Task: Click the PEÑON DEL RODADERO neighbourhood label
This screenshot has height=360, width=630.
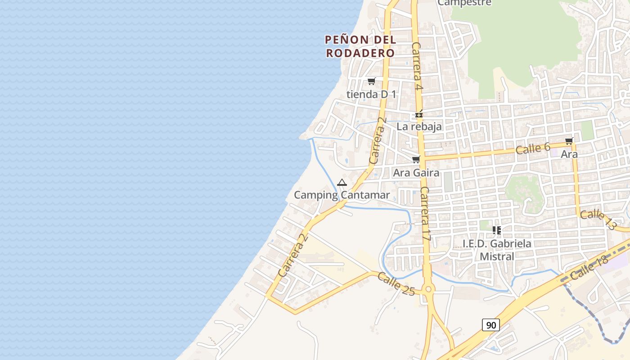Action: point(360,46)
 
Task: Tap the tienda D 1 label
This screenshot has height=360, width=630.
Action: point(371,94)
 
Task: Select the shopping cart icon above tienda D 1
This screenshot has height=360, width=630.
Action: point(371,81)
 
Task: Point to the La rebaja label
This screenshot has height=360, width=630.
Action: point(419,126)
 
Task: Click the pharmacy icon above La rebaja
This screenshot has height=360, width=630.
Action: point(419,115)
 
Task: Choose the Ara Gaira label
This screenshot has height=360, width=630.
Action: point(416,172)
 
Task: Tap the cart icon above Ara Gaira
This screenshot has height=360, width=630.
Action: point(416,160)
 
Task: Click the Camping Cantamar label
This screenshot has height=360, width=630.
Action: point(342,195)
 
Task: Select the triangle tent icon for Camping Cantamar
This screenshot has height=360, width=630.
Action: point(342,183)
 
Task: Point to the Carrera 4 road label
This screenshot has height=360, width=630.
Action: point(417,66)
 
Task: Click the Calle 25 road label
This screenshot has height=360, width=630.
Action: point(396,284)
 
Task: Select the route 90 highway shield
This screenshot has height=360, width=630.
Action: point(490,324)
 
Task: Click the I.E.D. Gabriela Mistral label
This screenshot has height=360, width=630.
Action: point(497,250)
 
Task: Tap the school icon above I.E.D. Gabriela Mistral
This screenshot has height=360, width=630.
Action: point(497,230)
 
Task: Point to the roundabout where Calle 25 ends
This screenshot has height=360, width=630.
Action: point(427,289)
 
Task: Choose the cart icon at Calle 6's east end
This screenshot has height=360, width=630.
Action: point(569,141)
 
